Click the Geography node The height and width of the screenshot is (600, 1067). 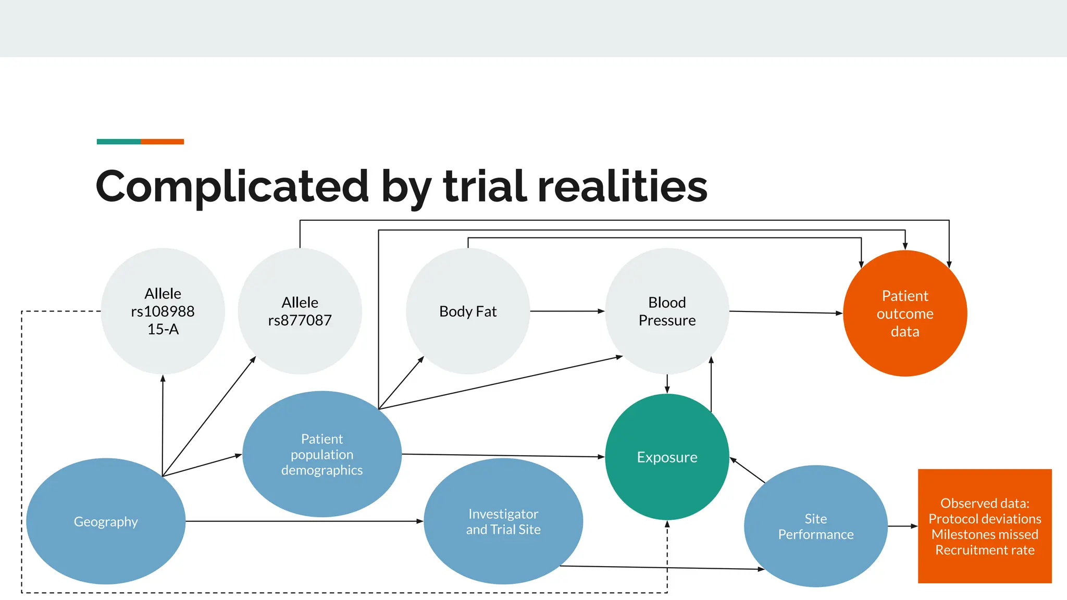point(106,521)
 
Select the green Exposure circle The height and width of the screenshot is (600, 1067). point(667,457)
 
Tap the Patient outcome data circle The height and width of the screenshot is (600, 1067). point(905,314)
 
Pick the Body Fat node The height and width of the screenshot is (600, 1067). point(468,311)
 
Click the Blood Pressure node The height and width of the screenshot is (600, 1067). point(667,311)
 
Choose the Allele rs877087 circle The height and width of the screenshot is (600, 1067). point(300,311)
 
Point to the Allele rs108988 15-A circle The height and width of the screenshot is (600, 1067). point(163,311)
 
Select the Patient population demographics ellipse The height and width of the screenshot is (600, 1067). point(322,454)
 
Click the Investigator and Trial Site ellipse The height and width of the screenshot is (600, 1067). point(503,521)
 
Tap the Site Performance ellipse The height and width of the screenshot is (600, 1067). point(815,527)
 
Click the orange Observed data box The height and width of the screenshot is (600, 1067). point(985,526)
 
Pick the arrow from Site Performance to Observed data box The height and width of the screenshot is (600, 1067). point(902,526)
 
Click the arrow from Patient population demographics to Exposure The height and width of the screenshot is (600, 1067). point(503,456)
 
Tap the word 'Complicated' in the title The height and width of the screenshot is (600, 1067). point(232,186)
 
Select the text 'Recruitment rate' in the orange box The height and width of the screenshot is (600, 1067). point(985,550)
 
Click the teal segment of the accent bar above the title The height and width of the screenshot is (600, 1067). point(119,142)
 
